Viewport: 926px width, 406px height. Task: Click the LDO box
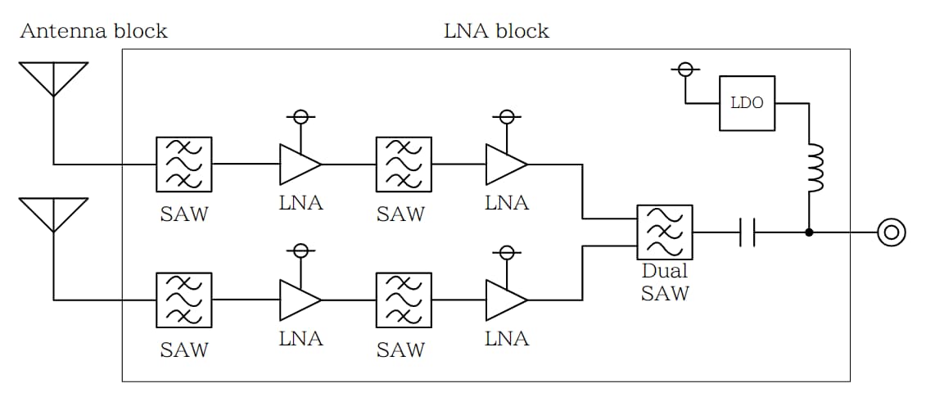click(x=747, y=103)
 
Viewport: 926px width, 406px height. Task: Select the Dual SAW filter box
click(x=664, y=232)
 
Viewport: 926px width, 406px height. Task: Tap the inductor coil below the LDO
click(x=815, y=169)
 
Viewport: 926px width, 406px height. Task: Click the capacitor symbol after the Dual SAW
click(x=747, y=232)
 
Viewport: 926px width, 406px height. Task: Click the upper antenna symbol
click(x=53, y=79)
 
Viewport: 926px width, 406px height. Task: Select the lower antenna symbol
click(x=53, y=214)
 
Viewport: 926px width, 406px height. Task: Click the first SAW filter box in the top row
click(x=184, y=164)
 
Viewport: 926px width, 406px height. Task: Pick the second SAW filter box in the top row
click(x=403, y=164)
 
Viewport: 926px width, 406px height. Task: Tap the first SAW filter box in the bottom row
click(x=184, y=300)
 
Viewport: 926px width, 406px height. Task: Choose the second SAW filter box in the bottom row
click(x=403, y=300)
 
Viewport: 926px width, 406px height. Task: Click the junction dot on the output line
click(x=809, y=232)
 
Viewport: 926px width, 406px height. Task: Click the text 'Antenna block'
click(x=93, y=31)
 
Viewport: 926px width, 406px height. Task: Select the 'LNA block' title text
click(x=496, y=31)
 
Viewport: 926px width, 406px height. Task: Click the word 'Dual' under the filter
click(x=664, y=272)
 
